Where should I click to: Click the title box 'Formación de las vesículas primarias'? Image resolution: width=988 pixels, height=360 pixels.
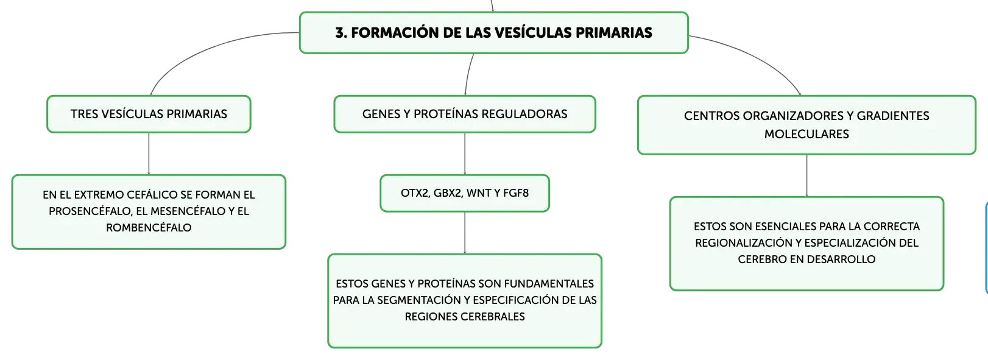(493, 33)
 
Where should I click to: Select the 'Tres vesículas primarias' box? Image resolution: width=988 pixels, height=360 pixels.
(149, 114)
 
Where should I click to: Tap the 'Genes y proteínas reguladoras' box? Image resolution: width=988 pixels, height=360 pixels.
(465, 114)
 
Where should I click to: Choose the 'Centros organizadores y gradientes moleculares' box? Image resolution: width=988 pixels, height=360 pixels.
(806, 125)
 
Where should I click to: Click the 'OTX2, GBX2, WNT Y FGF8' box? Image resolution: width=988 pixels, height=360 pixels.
(465, 193)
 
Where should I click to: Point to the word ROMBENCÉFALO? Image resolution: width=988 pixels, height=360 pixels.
(149, 228)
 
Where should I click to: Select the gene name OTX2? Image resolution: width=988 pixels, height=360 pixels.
(415, 193)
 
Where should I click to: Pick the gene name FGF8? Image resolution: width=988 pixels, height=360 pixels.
(516, 193)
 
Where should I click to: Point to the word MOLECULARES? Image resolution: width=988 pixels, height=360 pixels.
(806, 134)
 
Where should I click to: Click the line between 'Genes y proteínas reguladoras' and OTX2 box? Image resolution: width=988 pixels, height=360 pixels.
(465, 154)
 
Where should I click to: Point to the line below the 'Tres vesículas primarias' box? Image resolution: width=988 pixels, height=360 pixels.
(149, 154)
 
